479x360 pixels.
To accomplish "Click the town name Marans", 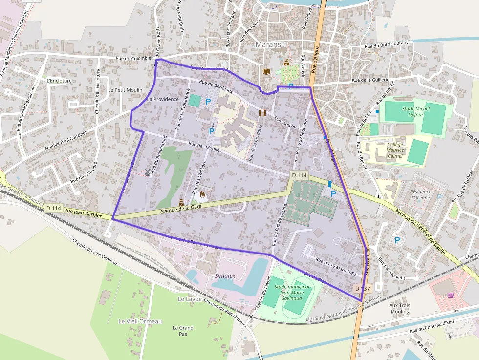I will [x=269, y=44].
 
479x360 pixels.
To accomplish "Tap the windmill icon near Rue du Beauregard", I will [x=147, y=172].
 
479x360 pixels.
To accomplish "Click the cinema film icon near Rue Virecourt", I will [x=262, y=113].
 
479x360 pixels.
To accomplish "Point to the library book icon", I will [x=266, y=72].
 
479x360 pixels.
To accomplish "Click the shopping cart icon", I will [x=450, y=295].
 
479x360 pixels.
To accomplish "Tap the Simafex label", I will [x=225, y=276].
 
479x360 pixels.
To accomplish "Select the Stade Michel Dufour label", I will [x=415, y=112].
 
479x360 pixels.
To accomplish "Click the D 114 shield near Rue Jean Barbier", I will [x=54, y=208].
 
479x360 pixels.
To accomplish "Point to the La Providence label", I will [x=163, y=99].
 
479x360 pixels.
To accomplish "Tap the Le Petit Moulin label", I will [x=125, y=90].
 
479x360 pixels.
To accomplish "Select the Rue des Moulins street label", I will [x=205, y=148].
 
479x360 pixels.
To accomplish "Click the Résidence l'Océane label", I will [x=421, y=195].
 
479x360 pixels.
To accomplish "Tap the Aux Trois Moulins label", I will [x=399, y=308].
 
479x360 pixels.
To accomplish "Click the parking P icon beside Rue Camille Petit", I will [x=397, y=240].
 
